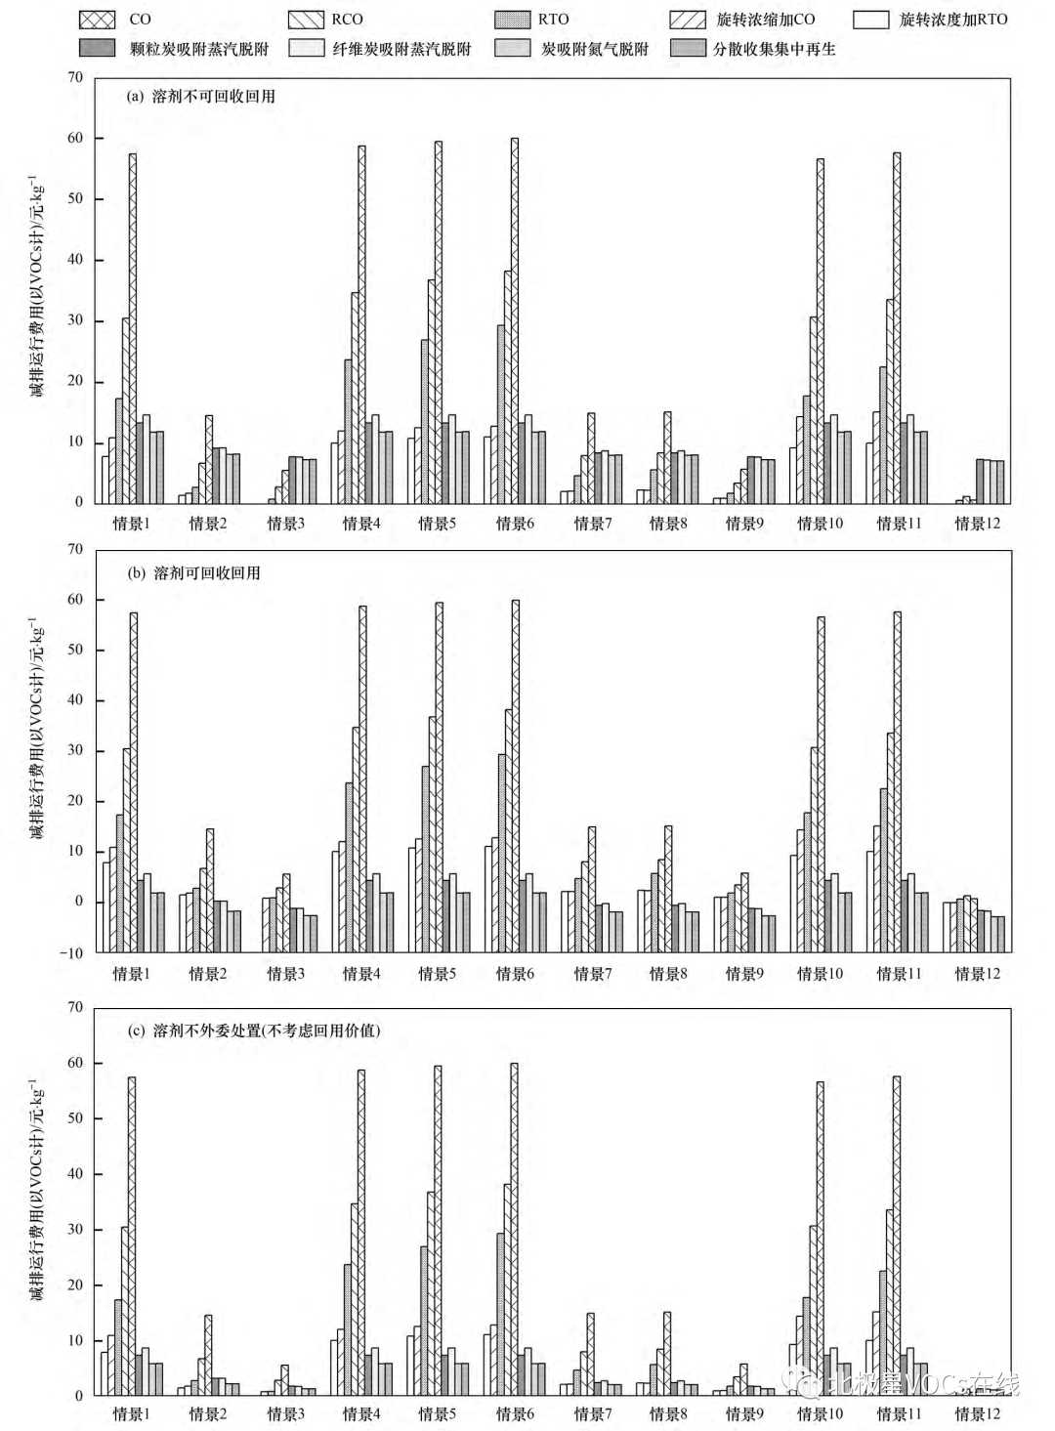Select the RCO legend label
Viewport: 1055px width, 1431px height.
point(347,20)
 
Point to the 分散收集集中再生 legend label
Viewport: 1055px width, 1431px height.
point(774,49)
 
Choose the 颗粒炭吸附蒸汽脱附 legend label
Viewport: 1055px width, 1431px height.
point(199,49)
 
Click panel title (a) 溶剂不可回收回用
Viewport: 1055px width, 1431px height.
point(201,97)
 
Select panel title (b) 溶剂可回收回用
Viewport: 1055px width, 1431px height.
point(194,573)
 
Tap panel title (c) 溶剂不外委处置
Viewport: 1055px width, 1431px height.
point(254,1031)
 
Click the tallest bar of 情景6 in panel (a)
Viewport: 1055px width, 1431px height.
point(515,320)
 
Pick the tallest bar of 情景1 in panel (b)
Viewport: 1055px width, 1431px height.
point(133,781)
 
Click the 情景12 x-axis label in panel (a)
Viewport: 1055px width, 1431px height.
point(978,524)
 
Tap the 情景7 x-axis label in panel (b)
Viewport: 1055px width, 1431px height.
point(593,974)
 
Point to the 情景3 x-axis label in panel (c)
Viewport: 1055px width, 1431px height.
point(285,1413)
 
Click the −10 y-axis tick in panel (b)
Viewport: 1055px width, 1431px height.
point(74,953)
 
